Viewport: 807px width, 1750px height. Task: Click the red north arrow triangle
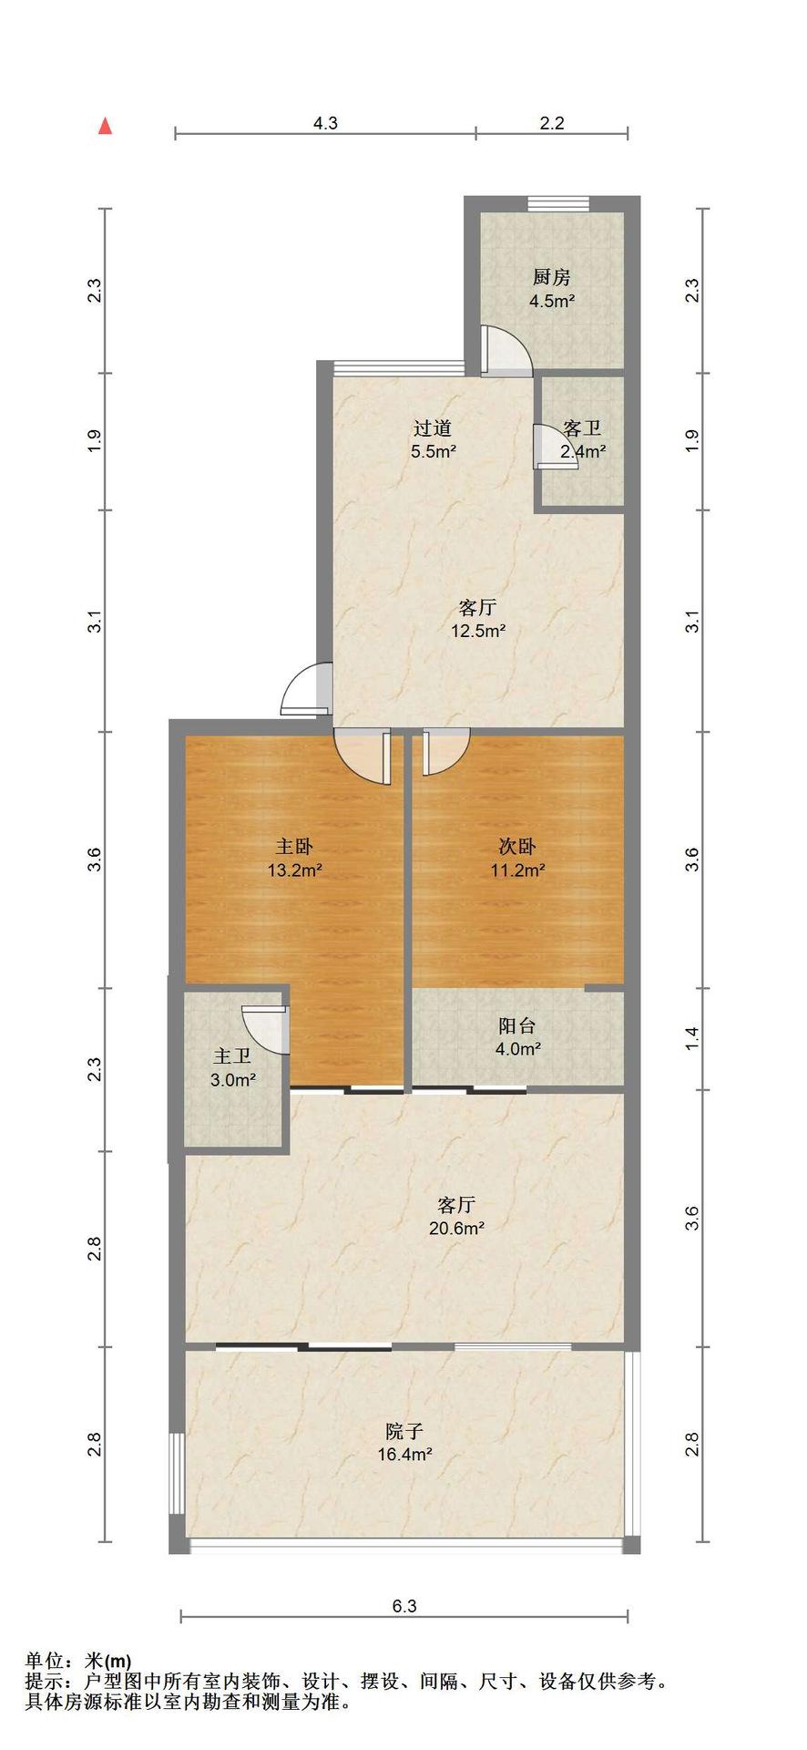tap(106, 126)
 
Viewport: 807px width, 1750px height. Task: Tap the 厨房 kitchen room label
tap(552, 277)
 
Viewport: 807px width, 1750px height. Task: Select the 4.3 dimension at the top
tap(325, 124)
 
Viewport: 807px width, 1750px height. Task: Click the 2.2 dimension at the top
tap(552, 124)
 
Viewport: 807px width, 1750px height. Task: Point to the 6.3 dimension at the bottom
tap(404, 1606)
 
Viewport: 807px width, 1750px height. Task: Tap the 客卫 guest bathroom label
tap(582, 428)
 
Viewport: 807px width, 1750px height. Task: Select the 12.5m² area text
tap(478, 630)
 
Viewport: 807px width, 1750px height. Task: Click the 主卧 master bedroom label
tap(294, 847)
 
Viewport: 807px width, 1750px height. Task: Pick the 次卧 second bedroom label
tap(517, 847)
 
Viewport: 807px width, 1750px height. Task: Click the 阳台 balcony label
tap(517, 1025)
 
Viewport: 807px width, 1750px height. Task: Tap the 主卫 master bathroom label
tap(232, 1056)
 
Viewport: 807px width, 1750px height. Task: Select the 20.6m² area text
tap(456, 1228)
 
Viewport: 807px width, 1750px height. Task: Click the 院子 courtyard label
tap(404, 1432)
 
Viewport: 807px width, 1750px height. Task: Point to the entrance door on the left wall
tap(306, 688)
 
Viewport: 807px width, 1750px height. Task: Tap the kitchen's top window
tap(557, 204)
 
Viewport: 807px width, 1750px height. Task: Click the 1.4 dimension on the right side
tap(692, 1037)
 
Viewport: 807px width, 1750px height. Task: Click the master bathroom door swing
tap(265, 1029)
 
